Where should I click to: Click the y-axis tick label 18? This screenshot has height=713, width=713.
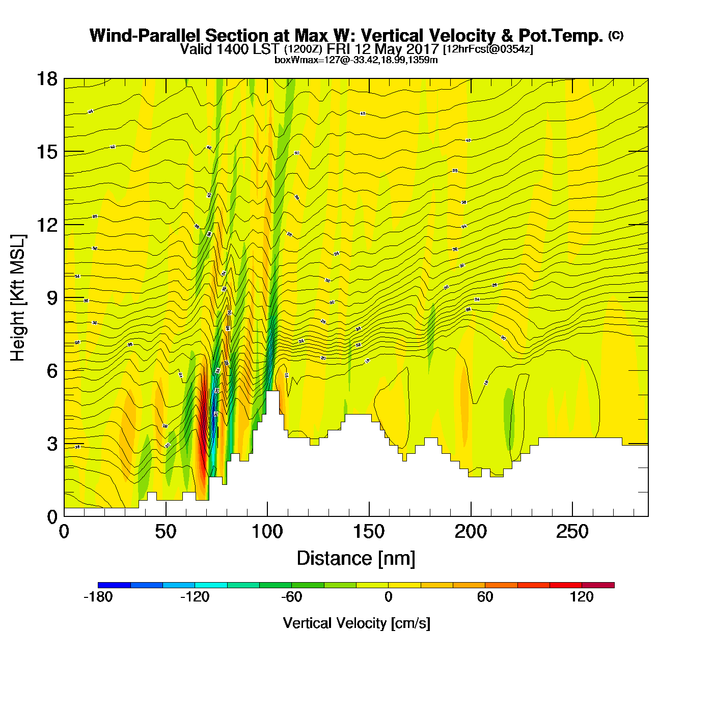point(46,79)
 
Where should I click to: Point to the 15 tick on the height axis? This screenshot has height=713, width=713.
point(46,152)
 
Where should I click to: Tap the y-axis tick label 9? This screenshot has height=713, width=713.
point(52,298)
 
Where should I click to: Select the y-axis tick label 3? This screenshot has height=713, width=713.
point(52,444)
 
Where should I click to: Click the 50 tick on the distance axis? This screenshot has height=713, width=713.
point(166,532)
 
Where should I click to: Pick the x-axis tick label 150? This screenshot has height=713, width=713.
point(369,532)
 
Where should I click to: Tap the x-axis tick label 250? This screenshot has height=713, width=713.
point(572,532)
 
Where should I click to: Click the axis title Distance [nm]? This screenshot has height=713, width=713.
point(356,559)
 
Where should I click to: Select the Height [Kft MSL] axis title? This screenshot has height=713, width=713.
point(18,298)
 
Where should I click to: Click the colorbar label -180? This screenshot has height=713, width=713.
point(98,597)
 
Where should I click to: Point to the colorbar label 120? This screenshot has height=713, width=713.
point(582,597)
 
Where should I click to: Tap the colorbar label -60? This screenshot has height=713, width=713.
point(291,597)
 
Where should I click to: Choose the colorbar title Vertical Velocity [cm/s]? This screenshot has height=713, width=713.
point(356,623)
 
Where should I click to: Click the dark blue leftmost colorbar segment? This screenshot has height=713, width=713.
point(114,585)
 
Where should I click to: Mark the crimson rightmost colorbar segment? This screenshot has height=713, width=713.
point(598,585)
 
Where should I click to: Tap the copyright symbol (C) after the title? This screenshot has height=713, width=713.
point(615,35)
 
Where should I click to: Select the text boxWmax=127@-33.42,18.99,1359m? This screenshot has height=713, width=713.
point(356,60)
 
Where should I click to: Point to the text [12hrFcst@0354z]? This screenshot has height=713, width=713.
point(488,49)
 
